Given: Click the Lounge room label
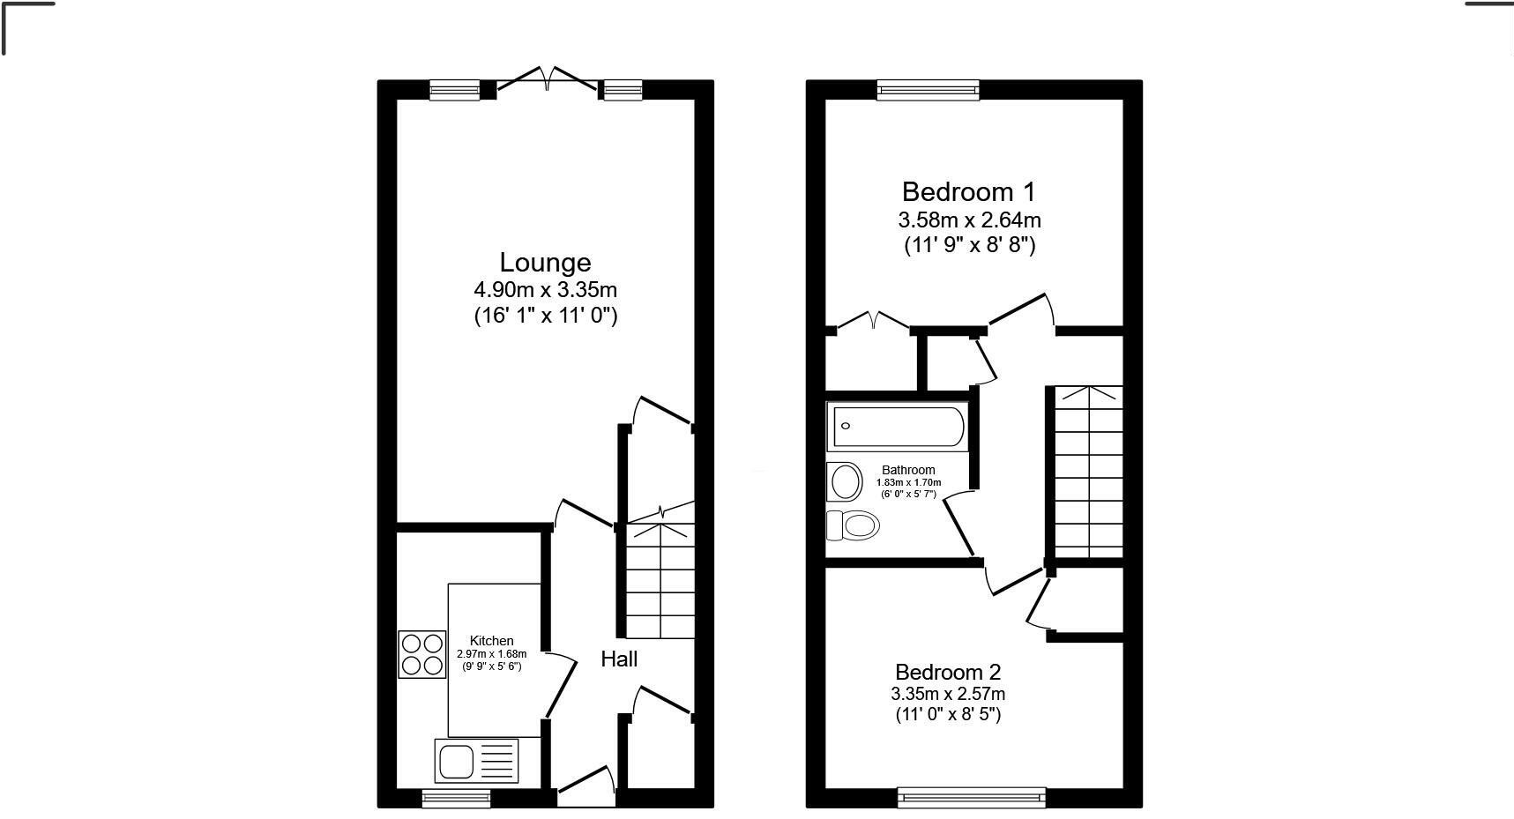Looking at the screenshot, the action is click(545, 263).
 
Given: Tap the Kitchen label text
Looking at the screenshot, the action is click(491, 641).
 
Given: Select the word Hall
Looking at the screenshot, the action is click(619, 659).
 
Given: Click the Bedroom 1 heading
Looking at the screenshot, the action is click(968, 191).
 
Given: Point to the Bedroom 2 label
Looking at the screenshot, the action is click(948, 673).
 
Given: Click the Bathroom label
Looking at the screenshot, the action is click(908, 470).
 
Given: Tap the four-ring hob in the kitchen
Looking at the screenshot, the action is click(421, 654).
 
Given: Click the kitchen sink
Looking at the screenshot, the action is click(476, 761).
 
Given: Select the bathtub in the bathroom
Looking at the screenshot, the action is click(897, 427).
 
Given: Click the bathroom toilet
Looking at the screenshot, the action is click(853, 526).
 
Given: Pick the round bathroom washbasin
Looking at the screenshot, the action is click(845, 481).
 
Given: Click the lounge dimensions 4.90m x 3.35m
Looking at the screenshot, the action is click(545, 289).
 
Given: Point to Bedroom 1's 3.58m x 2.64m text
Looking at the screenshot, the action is click(969, 220).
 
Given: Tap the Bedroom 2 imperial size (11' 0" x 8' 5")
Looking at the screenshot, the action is click(948, 714).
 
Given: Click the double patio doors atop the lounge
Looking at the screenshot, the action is click(548, 79).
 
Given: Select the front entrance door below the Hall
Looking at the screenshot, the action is click(585, 786).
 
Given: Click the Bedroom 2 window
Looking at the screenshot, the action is click(972, 797).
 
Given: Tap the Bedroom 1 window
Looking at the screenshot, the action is click(929, 89).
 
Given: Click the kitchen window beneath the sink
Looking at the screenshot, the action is click(456, 798).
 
